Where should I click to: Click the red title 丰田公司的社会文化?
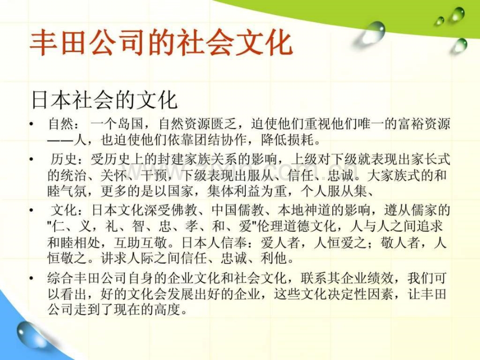tap(161, 42)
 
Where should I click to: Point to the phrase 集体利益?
tap(234, 191)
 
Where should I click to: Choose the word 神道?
tap(317, 210)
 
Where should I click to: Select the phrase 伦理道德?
tap(284, 226)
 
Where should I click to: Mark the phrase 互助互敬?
tap(140, 243)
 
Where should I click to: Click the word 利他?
tap(274, 259)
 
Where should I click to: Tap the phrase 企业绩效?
tap(366, 278)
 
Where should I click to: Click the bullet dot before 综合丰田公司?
tap(31, 278)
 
